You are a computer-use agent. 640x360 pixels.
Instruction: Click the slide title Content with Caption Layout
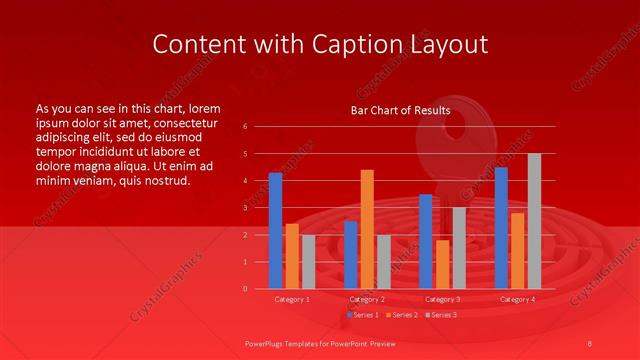coord(320,45)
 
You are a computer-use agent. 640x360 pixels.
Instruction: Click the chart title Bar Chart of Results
coord(400,110)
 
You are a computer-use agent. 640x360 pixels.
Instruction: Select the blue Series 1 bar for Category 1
coord(275,230)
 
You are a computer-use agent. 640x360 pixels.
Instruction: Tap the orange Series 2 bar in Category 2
coord(367,229)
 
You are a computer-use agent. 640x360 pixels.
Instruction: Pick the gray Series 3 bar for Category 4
coord(534,221)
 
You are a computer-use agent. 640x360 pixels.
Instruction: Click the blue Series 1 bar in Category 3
coord(426,241)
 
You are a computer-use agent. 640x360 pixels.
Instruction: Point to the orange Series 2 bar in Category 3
coord(442,264)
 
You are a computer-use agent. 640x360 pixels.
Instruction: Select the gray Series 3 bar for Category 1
coord(308,261)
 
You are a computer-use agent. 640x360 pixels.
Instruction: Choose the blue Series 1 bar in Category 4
coord(501,227)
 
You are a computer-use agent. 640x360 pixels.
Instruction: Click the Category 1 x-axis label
coord(292,299)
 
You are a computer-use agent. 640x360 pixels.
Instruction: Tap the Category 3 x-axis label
coord(442,299)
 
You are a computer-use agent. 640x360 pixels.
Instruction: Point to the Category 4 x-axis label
coord(517,299)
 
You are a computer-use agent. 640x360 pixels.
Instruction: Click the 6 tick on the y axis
coord(245,127)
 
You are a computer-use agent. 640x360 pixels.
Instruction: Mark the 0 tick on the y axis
coord(245,289)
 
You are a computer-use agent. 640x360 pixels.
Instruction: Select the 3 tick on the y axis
coord(245,208)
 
